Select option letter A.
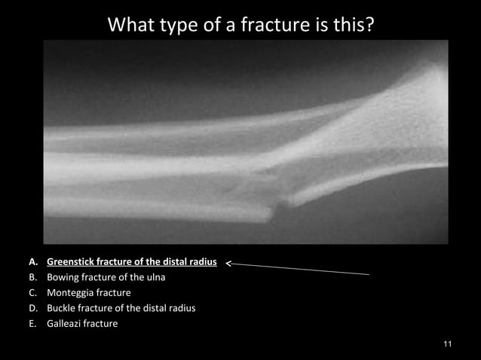pyautogui.click(x=33, y=263)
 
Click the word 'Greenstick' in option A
pyautogui.click(x=71, y=263)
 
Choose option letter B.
pyautogui.click(x=33, y=278)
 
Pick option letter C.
pyautogui.click(x=33, y=293)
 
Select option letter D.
pyautogui.click(x=33, y=308)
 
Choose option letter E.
pyautogui.click(x=33, y=324)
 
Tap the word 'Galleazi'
pyautogui.click(x=65, y=324)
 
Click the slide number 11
pyautogui.click(x=448, y=344)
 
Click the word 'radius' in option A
pyautogui.click(x=202, y=263)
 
